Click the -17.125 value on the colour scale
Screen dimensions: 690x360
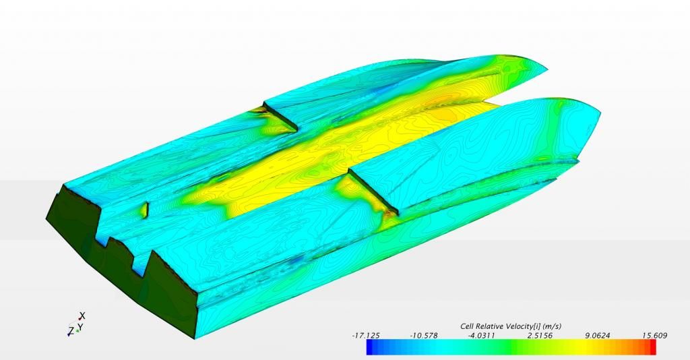click(x=366, y=335)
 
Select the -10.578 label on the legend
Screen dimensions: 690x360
click(x=424, y=335)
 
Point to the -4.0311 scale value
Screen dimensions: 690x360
click(x=481, y=335)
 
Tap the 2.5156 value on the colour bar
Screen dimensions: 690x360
click(x=539, y=335)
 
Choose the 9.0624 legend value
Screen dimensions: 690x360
click(x=597, y=335)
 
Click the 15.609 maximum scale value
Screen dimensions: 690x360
click(x=654, y=335)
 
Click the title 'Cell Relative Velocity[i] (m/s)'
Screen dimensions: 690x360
click(x=511, y=326)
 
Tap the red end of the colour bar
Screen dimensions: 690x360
click(x=652, y=347)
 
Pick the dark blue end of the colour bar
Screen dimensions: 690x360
click(x=371, y=347)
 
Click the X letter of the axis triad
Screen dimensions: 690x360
click(x=82, y=316)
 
